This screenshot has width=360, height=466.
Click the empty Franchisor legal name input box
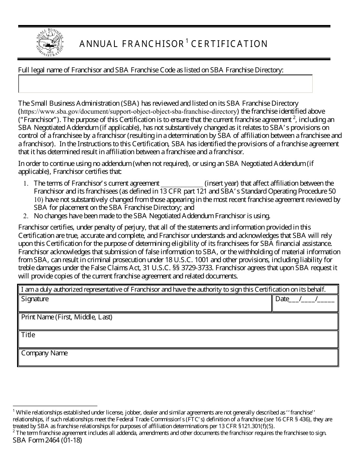click(x=165, y=84)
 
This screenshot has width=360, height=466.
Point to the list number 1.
click(x=25, y=183)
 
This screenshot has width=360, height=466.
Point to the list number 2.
click(x=25, y=216)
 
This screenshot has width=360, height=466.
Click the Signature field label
click(x=35, y=299)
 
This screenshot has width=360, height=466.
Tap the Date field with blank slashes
click(x=305, y=299)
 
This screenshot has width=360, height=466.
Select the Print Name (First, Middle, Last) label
click(x=67, y=317)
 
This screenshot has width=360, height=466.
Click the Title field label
click(x=28, y=335)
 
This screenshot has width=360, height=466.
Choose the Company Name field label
click(x=44, y=353)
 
